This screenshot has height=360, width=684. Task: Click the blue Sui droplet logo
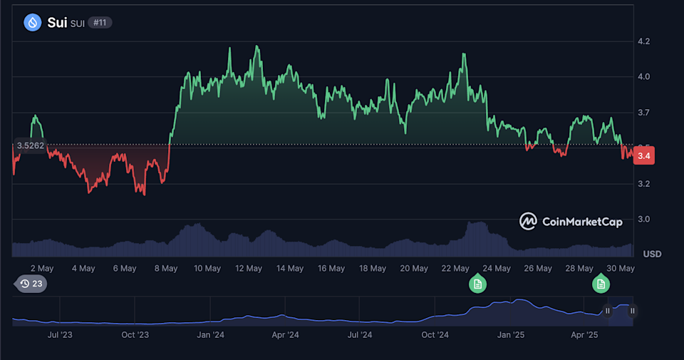click(x=33, y=23)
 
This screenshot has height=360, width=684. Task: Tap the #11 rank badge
click(x=100, y=23)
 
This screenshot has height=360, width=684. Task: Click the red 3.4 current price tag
click(x=645, y=155)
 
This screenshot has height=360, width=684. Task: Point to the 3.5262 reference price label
click(x=30, y=146)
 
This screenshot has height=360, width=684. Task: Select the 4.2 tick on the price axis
click(x=644, y=41)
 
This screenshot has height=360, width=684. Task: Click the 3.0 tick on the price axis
click(x=644, y=219)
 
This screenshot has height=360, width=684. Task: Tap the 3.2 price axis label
click(x=644, y=184)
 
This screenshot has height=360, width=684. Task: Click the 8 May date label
click(x=166, y=269)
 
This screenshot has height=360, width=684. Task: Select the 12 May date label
click(x=249, y=269)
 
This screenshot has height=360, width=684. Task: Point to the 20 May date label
click(x=414, y=269)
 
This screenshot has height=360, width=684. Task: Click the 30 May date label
click(x=621, y=269)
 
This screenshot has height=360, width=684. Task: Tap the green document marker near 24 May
click(x=478, y=284)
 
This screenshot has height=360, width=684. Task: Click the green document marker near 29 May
click(x=601, y=284)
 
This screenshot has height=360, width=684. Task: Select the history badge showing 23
click(x=31, y=284)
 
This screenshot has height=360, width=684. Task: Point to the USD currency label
click(x=652, y=254)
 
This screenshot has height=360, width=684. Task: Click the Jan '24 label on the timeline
click(x=210, y=334)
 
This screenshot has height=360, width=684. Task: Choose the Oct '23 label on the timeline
click(x=135, y=334)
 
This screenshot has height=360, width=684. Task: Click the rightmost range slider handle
click(x=632, y=311)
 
